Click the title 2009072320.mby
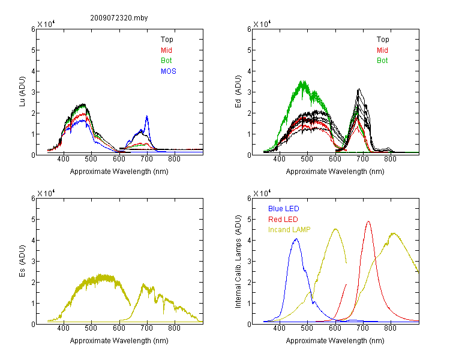[x=119, y=18]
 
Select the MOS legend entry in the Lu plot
[x=169, y=71]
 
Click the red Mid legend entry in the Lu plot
[x=166, y=50]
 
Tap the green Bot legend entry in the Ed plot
[x=382, y=61]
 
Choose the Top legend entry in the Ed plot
[x=383, y=40]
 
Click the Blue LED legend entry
[x=284, y=209]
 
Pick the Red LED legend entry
[x=283, y=220]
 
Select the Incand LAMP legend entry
[x=289, y=230]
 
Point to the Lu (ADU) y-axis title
[x=22, y=91]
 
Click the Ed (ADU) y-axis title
[x=238, y=92]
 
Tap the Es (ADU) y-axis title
[x=22, y=260]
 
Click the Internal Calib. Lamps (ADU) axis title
[x=238, y=262]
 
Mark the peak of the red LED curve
[x=368, y=221]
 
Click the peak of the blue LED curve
[x=296, y=239]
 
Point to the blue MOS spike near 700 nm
[x=147, y=116]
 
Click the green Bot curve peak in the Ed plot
[x=303, y=82]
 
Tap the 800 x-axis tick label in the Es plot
[x=174, y=328]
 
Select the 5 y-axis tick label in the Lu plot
[x=33, y=50]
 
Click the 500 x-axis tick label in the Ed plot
[x=307, y=159]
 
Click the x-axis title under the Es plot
[x=119, y=341]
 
